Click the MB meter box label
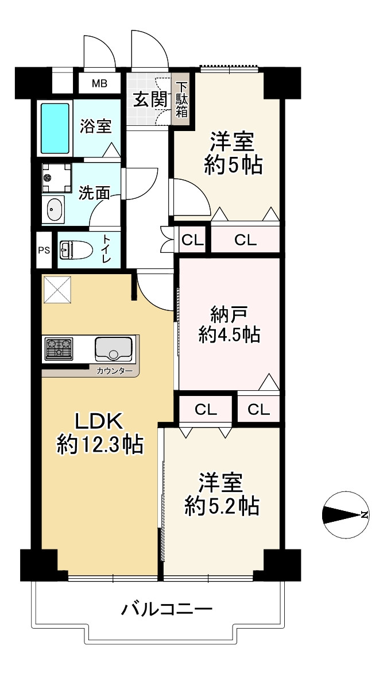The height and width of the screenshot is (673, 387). click(x=99, y=84)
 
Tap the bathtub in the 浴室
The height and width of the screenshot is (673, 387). click(x=55, y=128)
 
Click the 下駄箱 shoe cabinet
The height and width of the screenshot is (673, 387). click(x=181, y=99)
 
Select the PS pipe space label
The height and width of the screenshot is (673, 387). click(x=44, y=250)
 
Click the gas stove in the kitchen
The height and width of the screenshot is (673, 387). click(x=59, y=348)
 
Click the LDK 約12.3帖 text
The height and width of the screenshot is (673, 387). click(x=100, y=433)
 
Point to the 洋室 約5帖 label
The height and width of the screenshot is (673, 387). click(x=233, y=153)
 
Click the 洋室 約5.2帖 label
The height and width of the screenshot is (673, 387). click(x=222, y=494)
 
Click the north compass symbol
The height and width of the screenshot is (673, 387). click(x=346, y=514)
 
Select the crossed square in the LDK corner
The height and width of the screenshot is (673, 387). click(x=57, y=289)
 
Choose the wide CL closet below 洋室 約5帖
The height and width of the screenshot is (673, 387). click(x=245, y=240)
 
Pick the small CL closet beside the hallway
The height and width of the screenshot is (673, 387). click(x=192, y=240)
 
